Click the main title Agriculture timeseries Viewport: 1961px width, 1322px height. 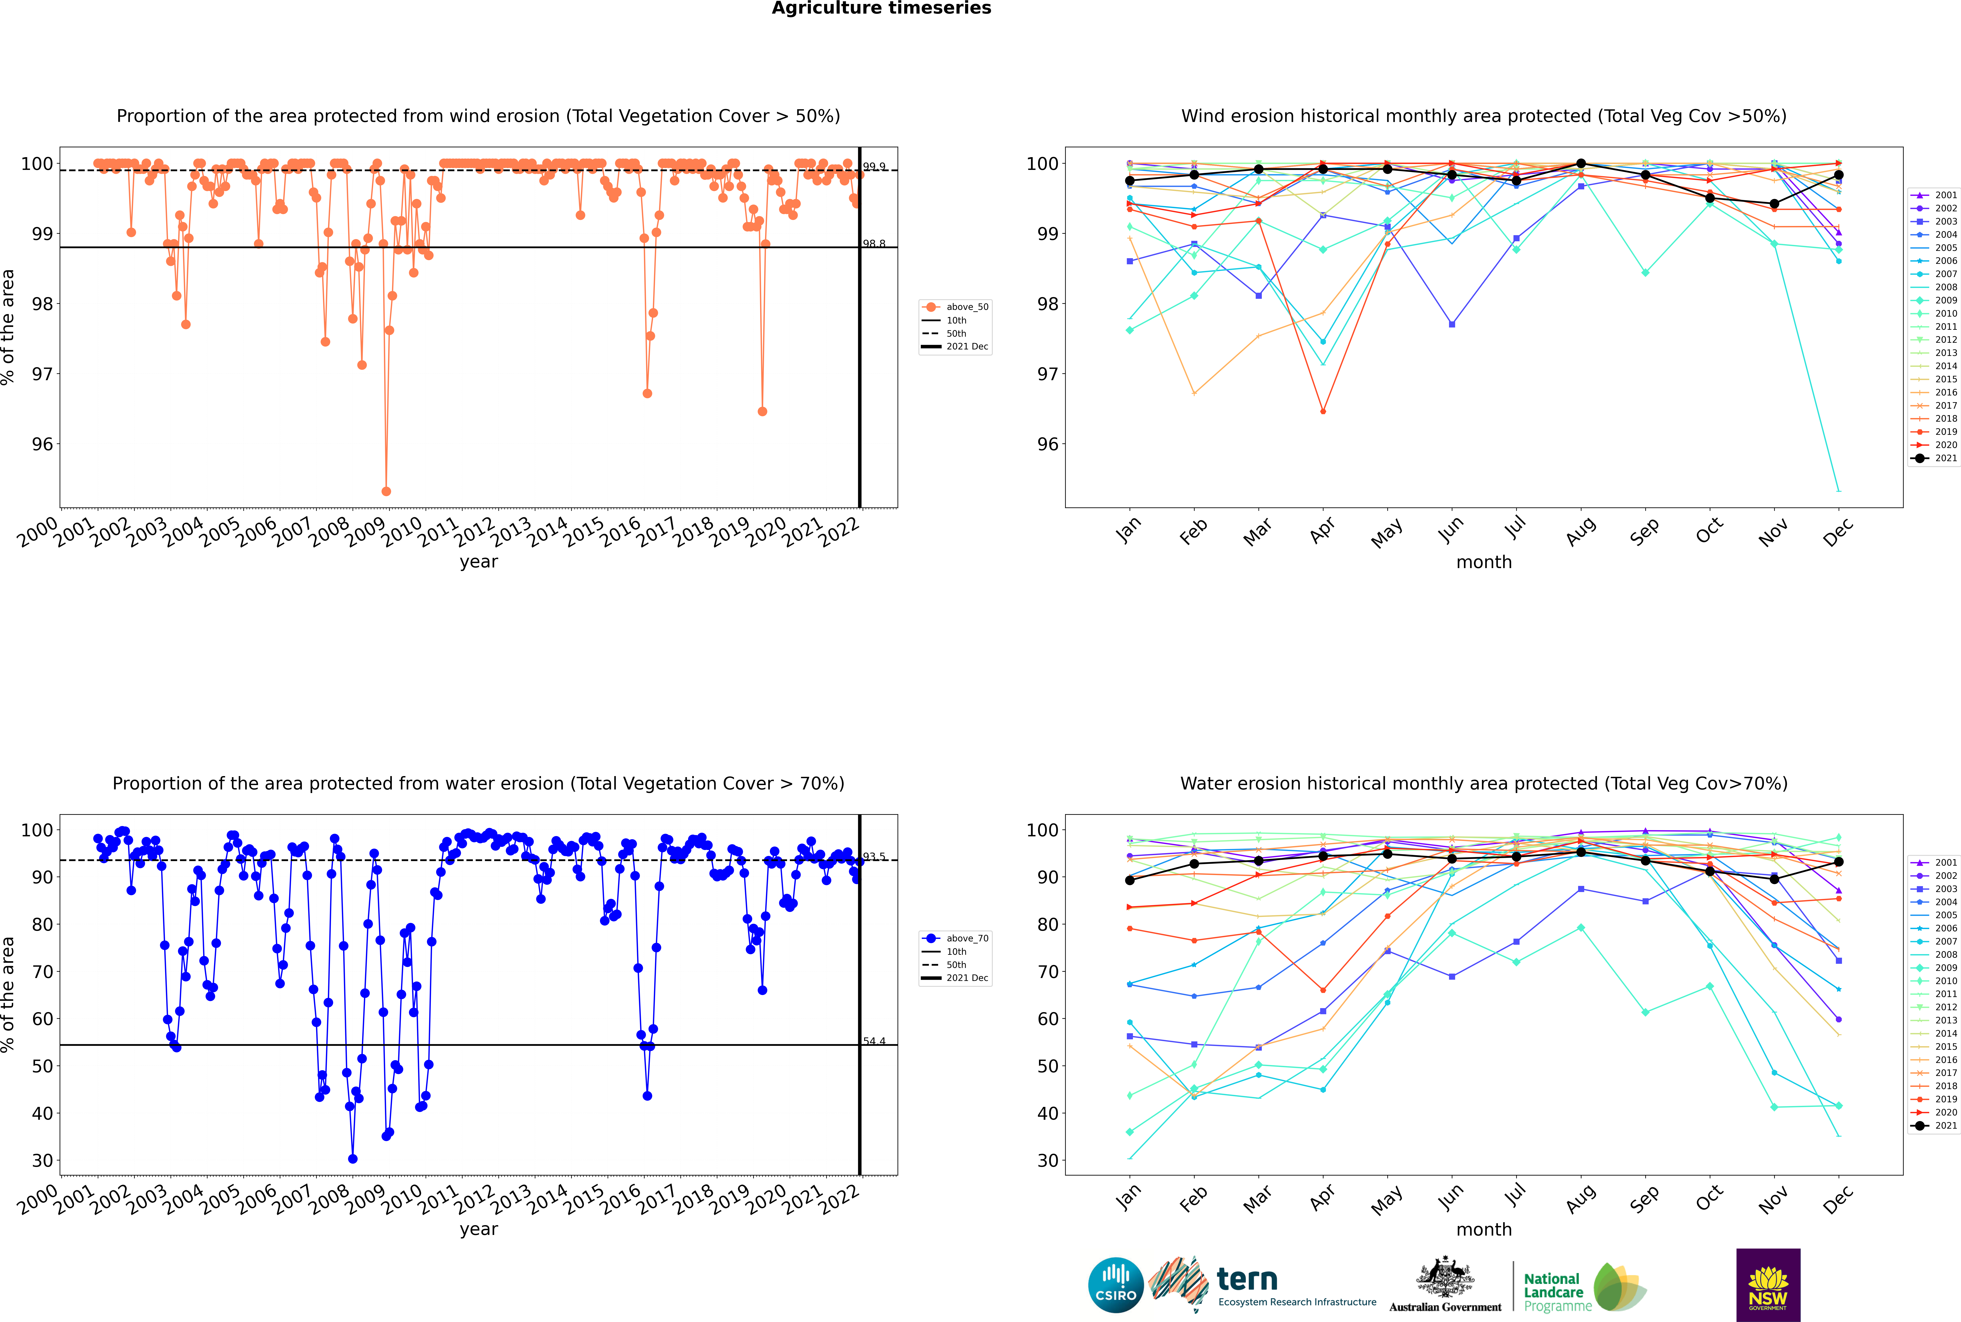(881, 8)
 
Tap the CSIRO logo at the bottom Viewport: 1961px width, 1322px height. (1115, 1285)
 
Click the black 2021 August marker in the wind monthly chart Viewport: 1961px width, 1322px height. (1581, 164)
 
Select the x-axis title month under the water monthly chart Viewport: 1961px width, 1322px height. (1484, 1229)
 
